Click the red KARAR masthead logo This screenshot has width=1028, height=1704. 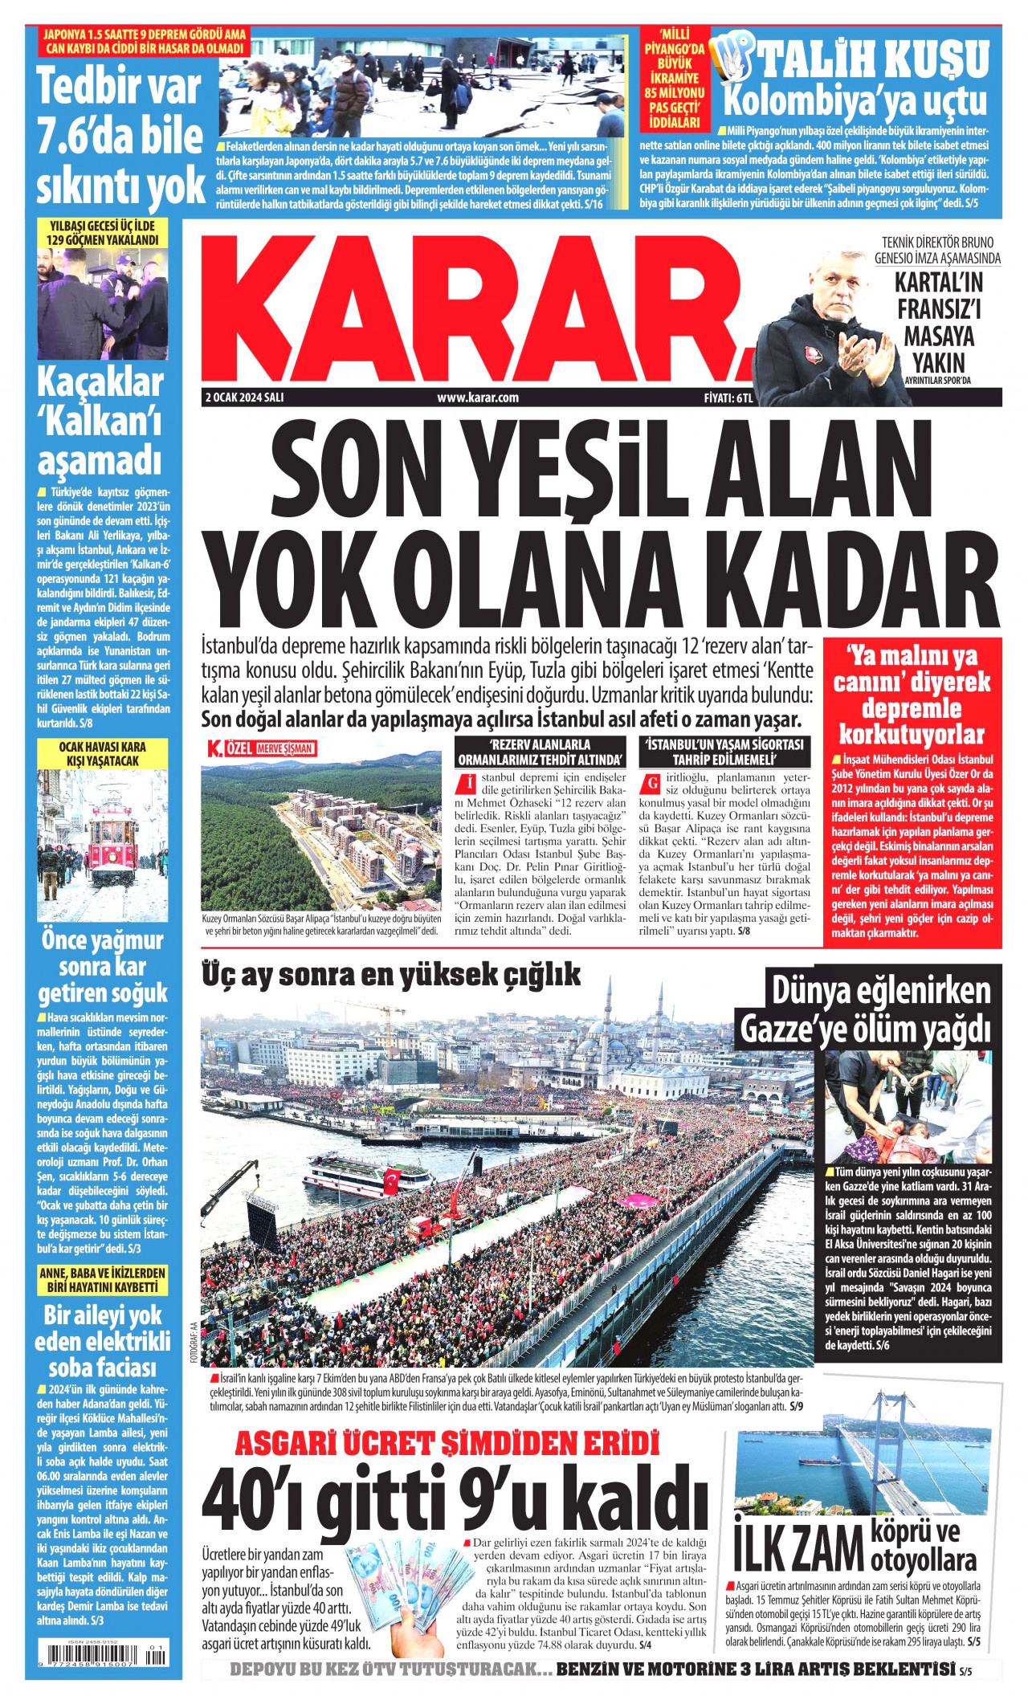tap(474, 309)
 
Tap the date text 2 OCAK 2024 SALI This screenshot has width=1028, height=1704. tap(245, 397)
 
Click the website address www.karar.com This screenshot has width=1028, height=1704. tap(477, 397)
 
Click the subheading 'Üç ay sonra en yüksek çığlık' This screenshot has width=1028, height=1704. tap(391, 975)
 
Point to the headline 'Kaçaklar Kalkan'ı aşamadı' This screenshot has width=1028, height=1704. tap(101, 422)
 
